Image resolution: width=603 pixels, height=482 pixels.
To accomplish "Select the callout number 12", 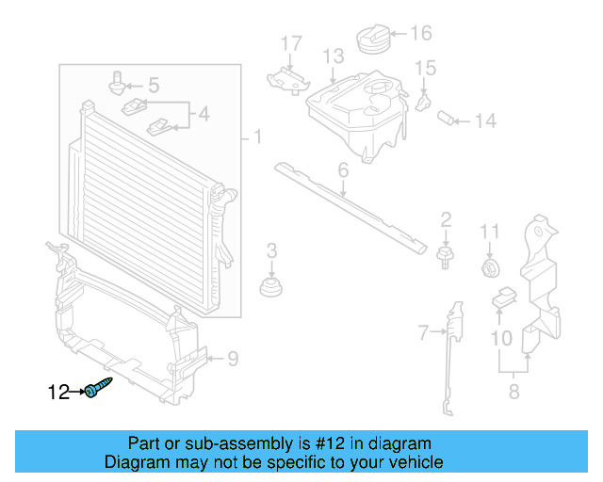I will [x=59, y=392].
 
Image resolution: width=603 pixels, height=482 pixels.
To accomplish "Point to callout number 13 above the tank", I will [x=334, y=57].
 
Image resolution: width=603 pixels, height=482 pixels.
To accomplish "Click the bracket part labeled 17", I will [x=287, y=78].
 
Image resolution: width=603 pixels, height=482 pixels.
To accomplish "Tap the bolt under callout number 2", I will [x=445, y=256].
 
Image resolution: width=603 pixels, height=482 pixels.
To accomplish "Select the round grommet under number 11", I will [x=490, y=269].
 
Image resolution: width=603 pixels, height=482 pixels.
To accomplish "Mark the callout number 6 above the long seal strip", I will [x=343, y=170].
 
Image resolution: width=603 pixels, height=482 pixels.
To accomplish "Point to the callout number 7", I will [x=423, y=331].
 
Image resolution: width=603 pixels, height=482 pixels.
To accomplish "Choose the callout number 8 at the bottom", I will [x=513, y=392].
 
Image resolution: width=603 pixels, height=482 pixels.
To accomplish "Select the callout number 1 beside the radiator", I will [x=257, y=138].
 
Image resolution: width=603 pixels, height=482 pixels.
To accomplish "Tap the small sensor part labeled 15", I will [x=423, y=98].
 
